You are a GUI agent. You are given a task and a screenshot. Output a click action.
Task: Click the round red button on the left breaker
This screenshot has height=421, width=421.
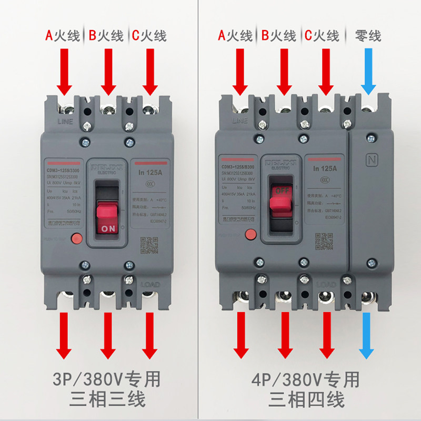coord(76,238)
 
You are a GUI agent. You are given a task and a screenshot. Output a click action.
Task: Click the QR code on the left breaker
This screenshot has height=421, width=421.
coord(149,246)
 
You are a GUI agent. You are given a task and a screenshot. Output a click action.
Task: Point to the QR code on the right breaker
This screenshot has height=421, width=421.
coord(323,240)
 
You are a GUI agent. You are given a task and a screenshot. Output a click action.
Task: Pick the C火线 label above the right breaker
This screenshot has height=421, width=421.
coord(322,36)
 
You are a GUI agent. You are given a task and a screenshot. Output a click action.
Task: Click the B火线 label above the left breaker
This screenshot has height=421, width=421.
coord(106,36)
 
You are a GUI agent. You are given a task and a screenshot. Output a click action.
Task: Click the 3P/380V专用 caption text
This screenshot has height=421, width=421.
coord(107,379)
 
